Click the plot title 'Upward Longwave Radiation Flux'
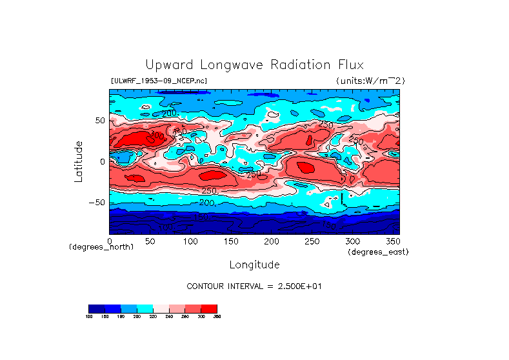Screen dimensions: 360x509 click(254, 65)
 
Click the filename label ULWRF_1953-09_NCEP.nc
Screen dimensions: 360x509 click(159, 81)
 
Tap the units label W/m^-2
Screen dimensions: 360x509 click(370, 81)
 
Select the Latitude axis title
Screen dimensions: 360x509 click(78, 161)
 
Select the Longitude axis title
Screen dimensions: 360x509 click(254, 265)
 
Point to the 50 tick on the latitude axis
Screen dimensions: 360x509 click(99, 121)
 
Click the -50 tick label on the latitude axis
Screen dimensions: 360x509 click(97, 203)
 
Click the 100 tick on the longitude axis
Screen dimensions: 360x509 click(190, 241)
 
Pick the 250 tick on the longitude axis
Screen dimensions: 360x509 click(312, 241)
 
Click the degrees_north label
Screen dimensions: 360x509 click(101, 247)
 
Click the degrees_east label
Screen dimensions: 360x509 click(378, 252)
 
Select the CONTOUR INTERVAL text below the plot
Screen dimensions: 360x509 click(254, 286)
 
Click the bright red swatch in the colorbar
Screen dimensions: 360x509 click(209, 308)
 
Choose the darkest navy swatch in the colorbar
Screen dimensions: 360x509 click(96, 308)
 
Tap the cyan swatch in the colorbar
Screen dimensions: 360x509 click(145, 308)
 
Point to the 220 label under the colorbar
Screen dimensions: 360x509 click(152, 317)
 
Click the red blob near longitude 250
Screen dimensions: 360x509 click(303, 166)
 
